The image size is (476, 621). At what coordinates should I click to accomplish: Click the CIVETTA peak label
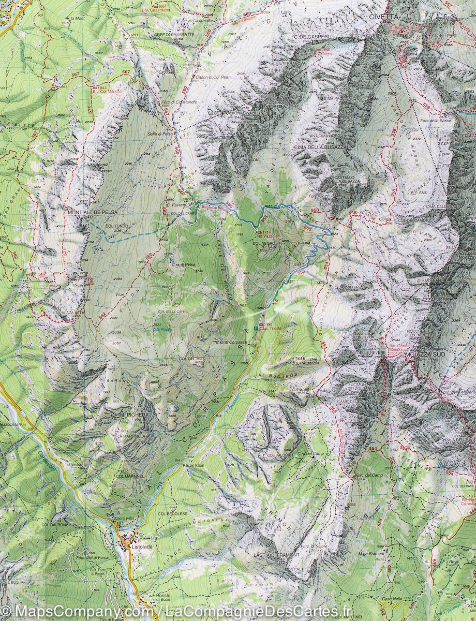click(x=384, y=17)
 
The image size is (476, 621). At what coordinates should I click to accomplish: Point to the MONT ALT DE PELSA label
click(x=92, y=212)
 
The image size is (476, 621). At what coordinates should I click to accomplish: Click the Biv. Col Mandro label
click(x=106, y=92)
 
